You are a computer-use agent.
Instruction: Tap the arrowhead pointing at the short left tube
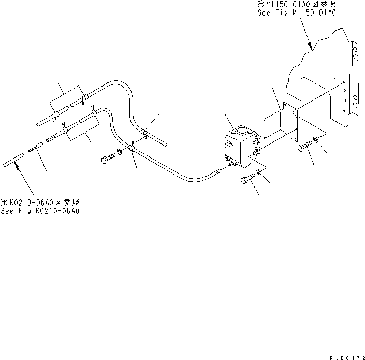point(18,166)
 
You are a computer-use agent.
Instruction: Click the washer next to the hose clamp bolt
point(120,152)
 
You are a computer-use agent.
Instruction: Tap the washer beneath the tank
point(259,177)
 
